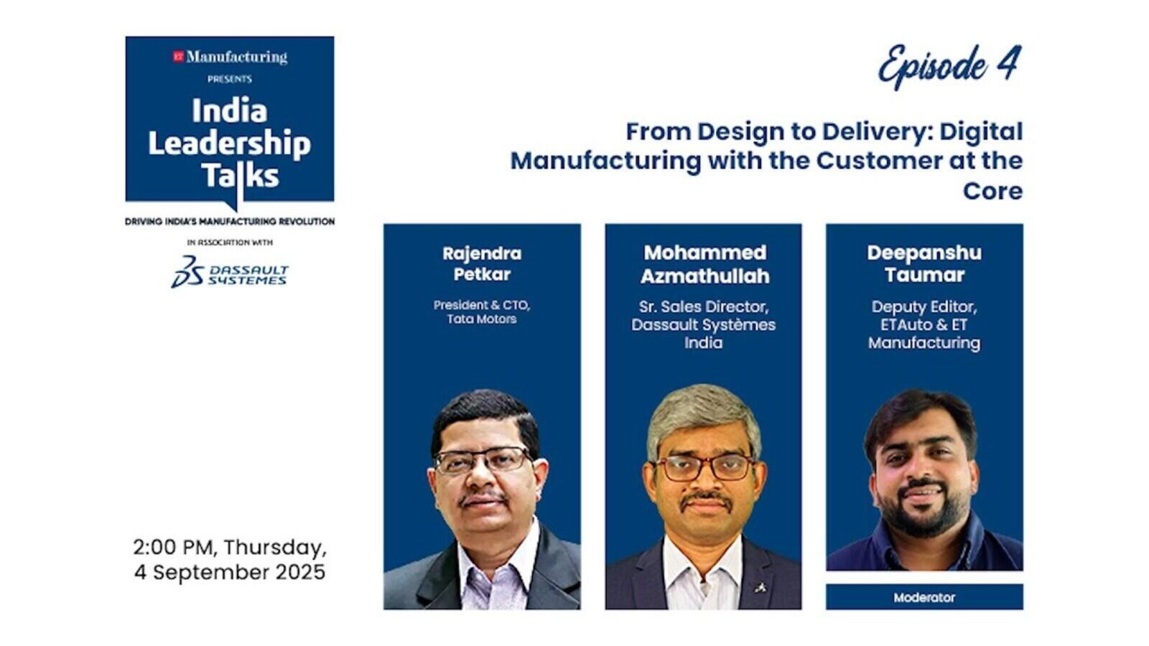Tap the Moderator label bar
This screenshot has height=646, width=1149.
tap(924, 596)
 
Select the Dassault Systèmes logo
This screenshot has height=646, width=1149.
tap(229, 272)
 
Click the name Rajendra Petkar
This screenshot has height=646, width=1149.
tap(482, 263)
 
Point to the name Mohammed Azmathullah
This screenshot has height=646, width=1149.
tap(704, 264)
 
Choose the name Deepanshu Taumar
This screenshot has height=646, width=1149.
tap(924, 263)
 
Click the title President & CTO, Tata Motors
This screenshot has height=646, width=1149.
tap(482, 312)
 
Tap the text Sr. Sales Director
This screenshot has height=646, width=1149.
tap(703, 306)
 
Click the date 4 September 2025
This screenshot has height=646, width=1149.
tap(230, 572)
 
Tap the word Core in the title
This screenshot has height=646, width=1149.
tap(992, 191)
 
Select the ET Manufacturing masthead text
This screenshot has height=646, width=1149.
tap(230, 57)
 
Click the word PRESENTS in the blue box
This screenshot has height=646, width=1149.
tap(230, 79)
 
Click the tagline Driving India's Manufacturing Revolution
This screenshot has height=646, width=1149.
tap(230, 222)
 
